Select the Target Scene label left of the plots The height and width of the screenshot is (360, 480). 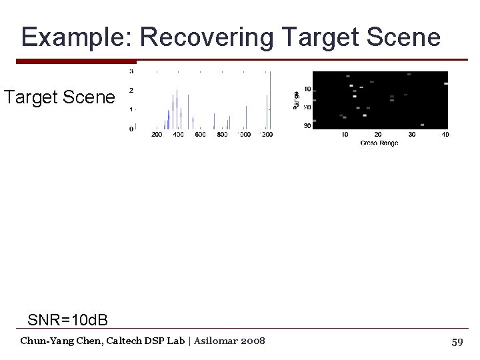(x=59, y=98)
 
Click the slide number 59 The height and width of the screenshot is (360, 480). (x=457, y=342)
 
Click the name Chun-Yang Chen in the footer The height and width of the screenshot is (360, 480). (x=58, y=341)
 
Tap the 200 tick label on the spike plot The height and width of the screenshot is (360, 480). (x=157, y=135)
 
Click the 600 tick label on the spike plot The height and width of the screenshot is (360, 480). (x=200, y=135)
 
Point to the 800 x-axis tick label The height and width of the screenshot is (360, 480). (x=222, y=135)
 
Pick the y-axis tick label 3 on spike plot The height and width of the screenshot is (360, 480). (x=131, y=71)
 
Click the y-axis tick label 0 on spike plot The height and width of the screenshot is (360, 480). (x=131, y=128)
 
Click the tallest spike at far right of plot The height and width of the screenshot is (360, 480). (x=270, y=100)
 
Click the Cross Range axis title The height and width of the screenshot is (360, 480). (x=379, y=143)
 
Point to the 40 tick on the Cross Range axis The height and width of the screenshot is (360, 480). (x=445, y=135)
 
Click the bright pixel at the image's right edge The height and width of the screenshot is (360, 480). (x=445, y=83)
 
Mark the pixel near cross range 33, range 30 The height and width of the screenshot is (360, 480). (x=422, y=125)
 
